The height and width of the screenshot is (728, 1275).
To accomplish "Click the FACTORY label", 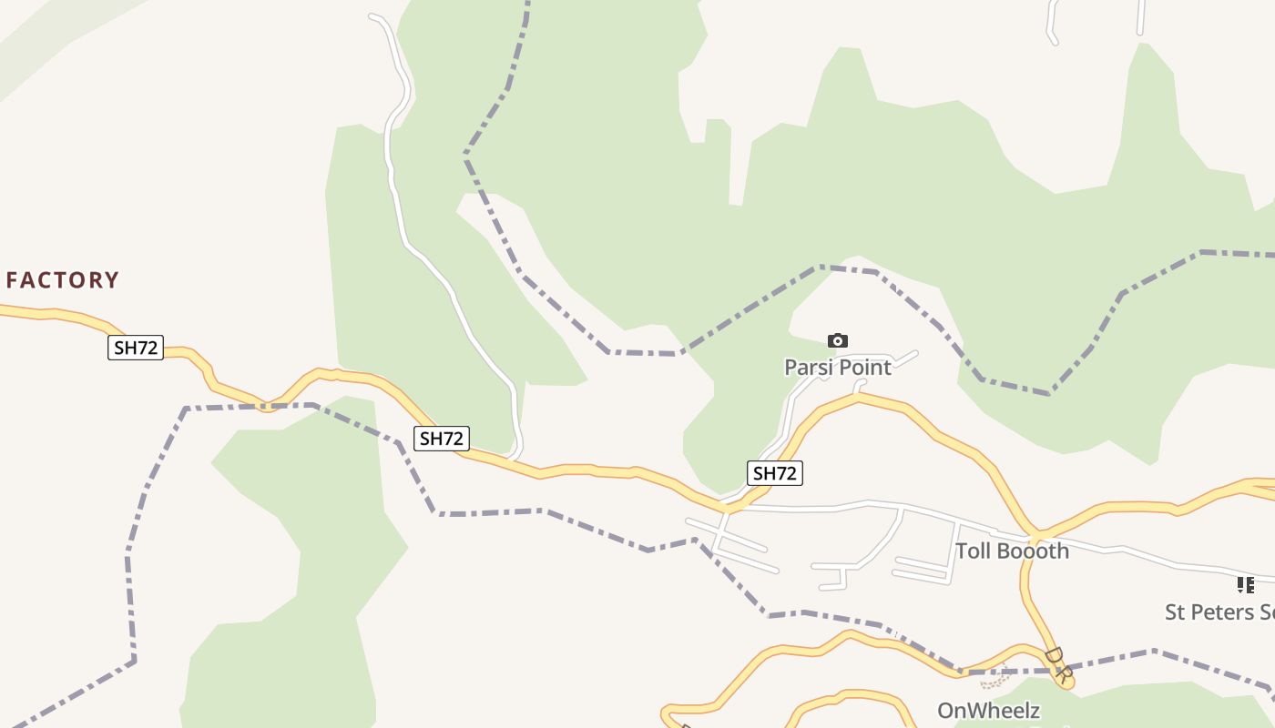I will [63, 280].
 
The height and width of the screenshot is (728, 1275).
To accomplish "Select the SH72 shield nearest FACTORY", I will [136, 348].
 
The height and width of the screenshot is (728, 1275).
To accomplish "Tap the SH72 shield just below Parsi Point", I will [775, 473].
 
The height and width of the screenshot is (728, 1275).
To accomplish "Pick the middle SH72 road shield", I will [442, 439].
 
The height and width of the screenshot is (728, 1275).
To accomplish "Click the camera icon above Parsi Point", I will [838, 341].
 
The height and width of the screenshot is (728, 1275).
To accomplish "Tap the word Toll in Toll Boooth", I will [974, 551].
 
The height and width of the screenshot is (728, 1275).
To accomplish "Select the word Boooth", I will [1034, 551].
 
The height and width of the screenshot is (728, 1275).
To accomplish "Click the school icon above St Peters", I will [1245, 585].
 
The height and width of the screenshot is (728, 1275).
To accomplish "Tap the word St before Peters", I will [1177, 612].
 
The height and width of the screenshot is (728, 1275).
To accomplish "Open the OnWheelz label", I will [988, 711].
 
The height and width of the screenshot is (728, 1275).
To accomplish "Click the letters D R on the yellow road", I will [1056, 664].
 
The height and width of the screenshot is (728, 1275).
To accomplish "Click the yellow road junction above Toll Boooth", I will [1036, 534].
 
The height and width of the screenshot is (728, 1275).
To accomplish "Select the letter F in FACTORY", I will [13, 280].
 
